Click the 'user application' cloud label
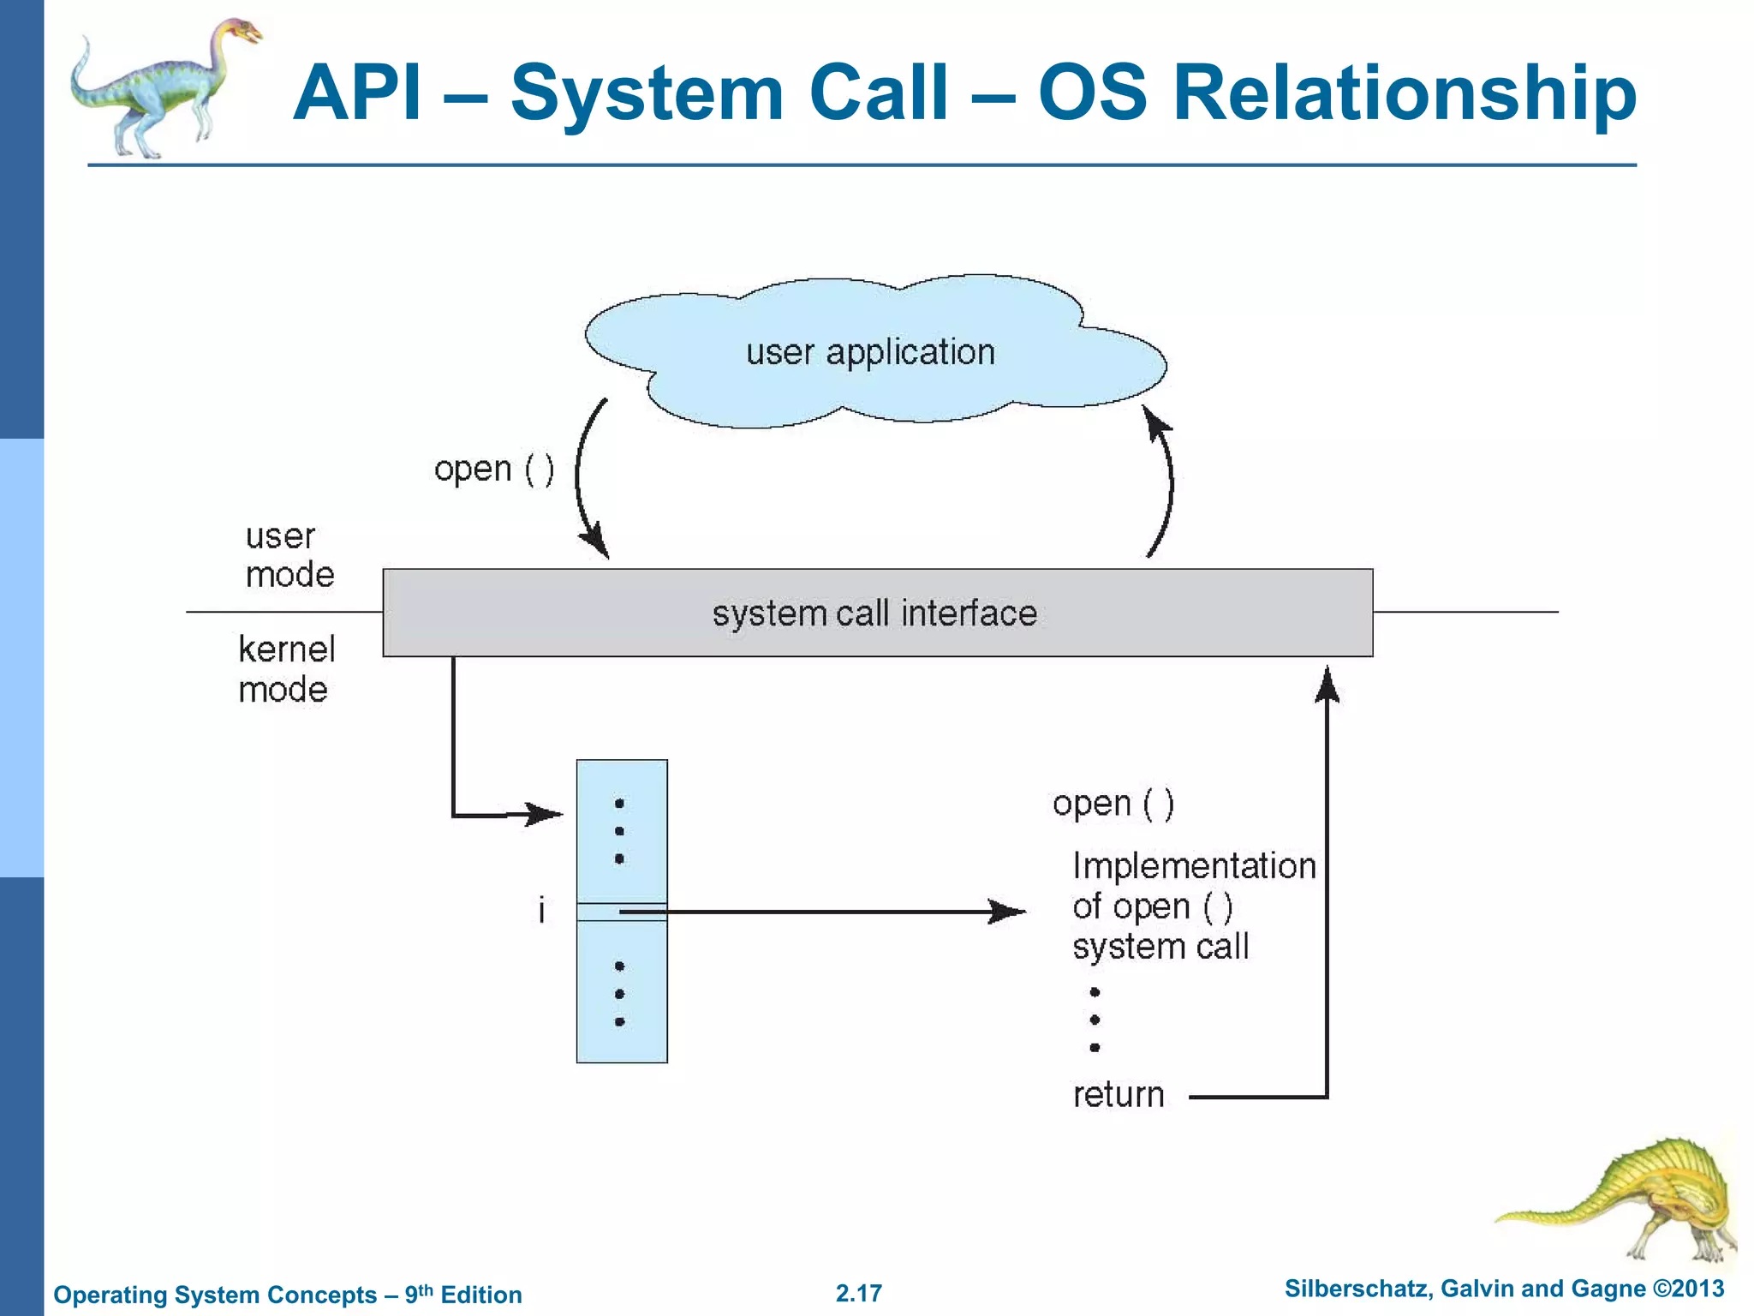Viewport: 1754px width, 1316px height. [x=870, y=352]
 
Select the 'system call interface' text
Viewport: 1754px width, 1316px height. [x=874, y=613]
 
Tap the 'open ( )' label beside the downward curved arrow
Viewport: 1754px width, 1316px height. [x=494, y=470]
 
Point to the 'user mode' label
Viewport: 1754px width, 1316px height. [x=289, y=555]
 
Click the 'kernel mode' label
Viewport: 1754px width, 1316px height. [x=285, y=669]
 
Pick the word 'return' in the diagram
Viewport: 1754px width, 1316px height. [x=1118, y=1095]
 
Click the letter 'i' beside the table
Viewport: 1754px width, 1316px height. [x=541, y=910]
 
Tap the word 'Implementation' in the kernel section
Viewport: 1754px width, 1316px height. [x=1193, y=866]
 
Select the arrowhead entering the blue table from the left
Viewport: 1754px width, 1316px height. [x=545, y=813]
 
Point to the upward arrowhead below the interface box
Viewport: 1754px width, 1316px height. [x=1327, y=686]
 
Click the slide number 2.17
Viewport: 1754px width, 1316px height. [x=858, y=1293]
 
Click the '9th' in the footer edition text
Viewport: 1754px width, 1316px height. [x=418, y=1293]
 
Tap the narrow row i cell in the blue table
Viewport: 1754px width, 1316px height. [x=622, y=912]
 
